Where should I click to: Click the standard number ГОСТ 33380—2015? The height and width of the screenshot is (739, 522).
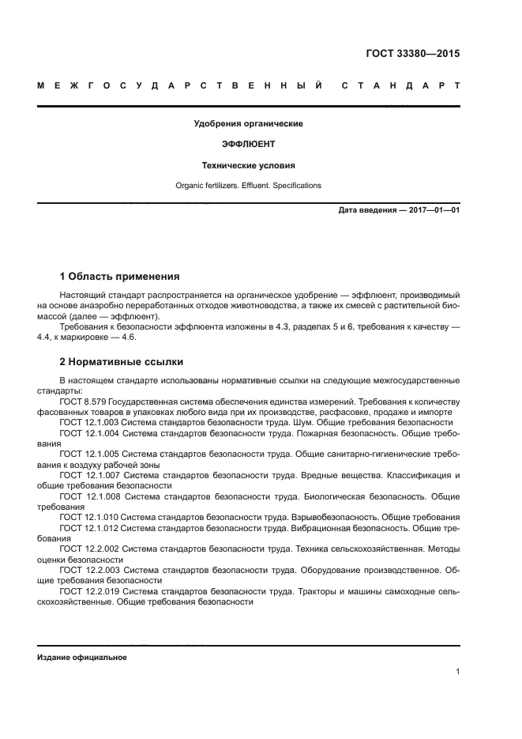[412, 55]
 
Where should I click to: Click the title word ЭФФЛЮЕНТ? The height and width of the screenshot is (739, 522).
[248, 145]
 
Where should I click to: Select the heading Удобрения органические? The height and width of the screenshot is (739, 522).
[248, 123]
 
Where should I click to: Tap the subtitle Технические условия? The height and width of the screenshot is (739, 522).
[248, 166]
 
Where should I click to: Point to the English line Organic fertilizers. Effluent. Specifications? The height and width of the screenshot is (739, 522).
[248, 186]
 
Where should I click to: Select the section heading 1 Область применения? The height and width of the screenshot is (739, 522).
[119, 277]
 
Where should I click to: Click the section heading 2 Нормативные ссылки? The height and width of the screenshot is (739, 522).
[122, 362]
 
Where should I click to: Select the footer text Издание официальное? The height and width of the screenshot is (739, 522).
[82, 658]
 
